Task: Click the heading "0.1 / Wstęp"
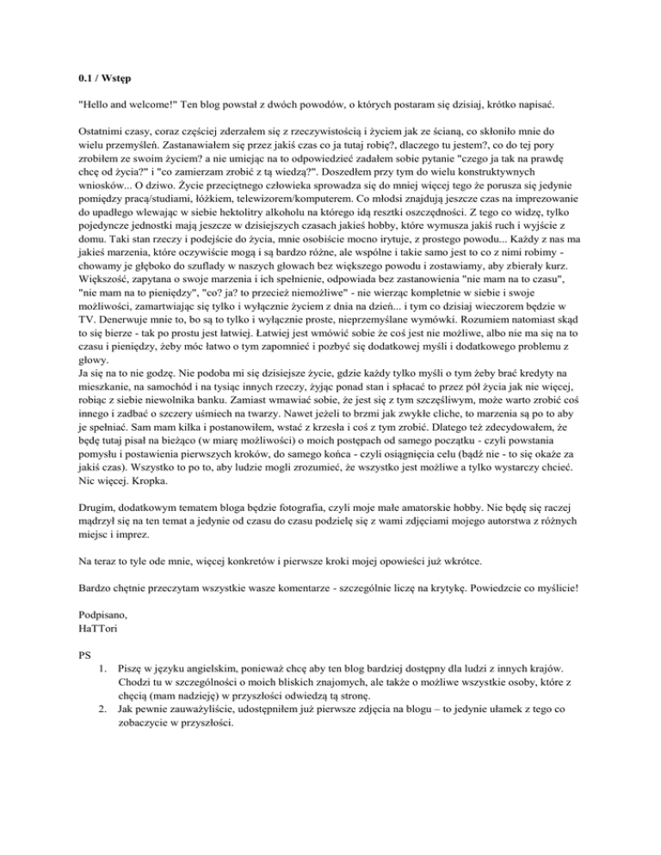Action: (x=103, y=77)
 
